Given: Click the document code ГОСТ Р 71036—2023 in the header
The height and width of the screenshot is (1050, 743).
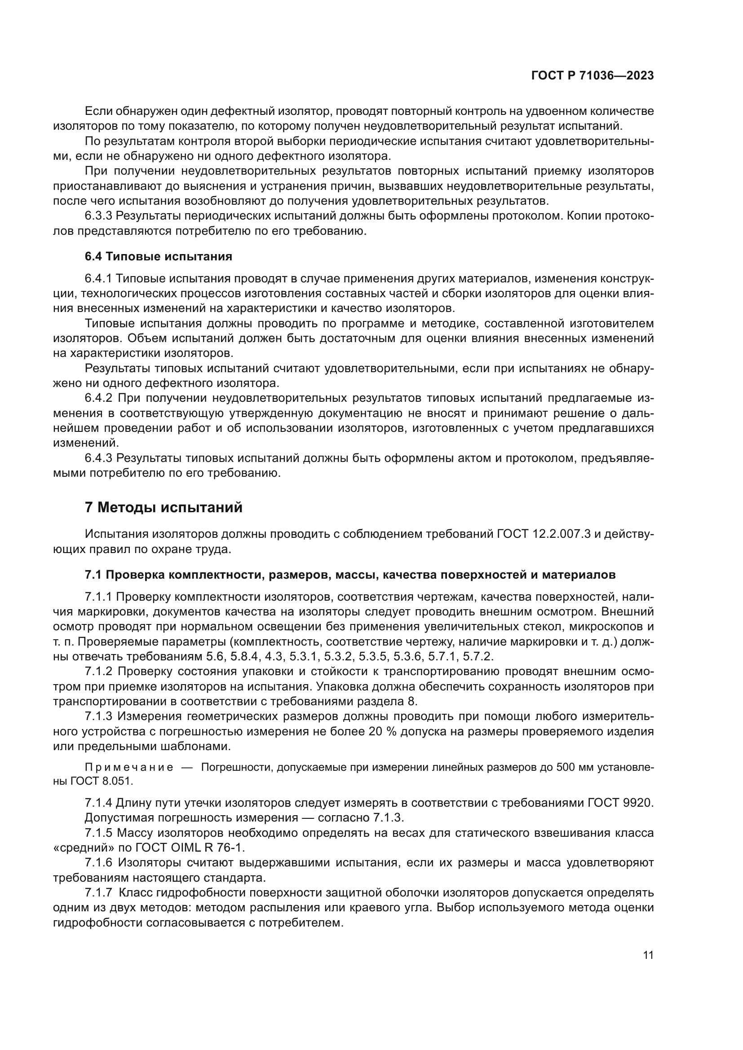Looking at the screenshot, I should point(592,76).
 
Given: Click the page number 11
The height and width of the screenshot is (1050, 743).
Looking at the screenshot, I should point(648,955).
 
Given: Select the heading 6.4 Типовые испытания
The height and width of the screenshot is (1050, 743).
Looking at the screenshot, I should point(158,257).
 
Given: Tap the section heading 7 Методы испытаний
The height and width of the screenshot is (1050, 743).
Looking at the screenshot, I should point(164,508).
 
